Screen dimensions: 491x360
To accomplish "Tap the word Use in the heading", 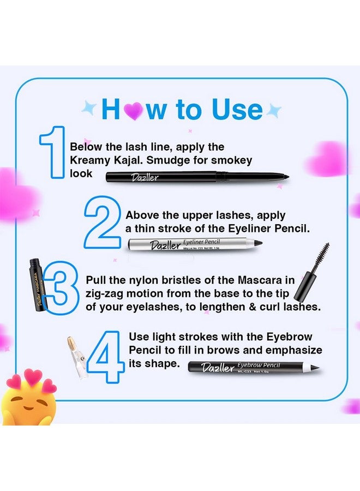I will pyautogui.click(x=234, y=109).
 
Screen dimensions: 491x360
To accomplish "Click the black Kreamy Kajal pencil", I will pyautogui.click(x=196, y=176).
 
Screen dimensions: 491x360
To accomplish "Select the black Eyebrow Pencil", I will pyautogui.click(x=254, y=367).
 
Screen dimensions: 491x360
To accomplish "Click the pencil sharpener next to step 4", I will pyautogui.click(x=75, y=357).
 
